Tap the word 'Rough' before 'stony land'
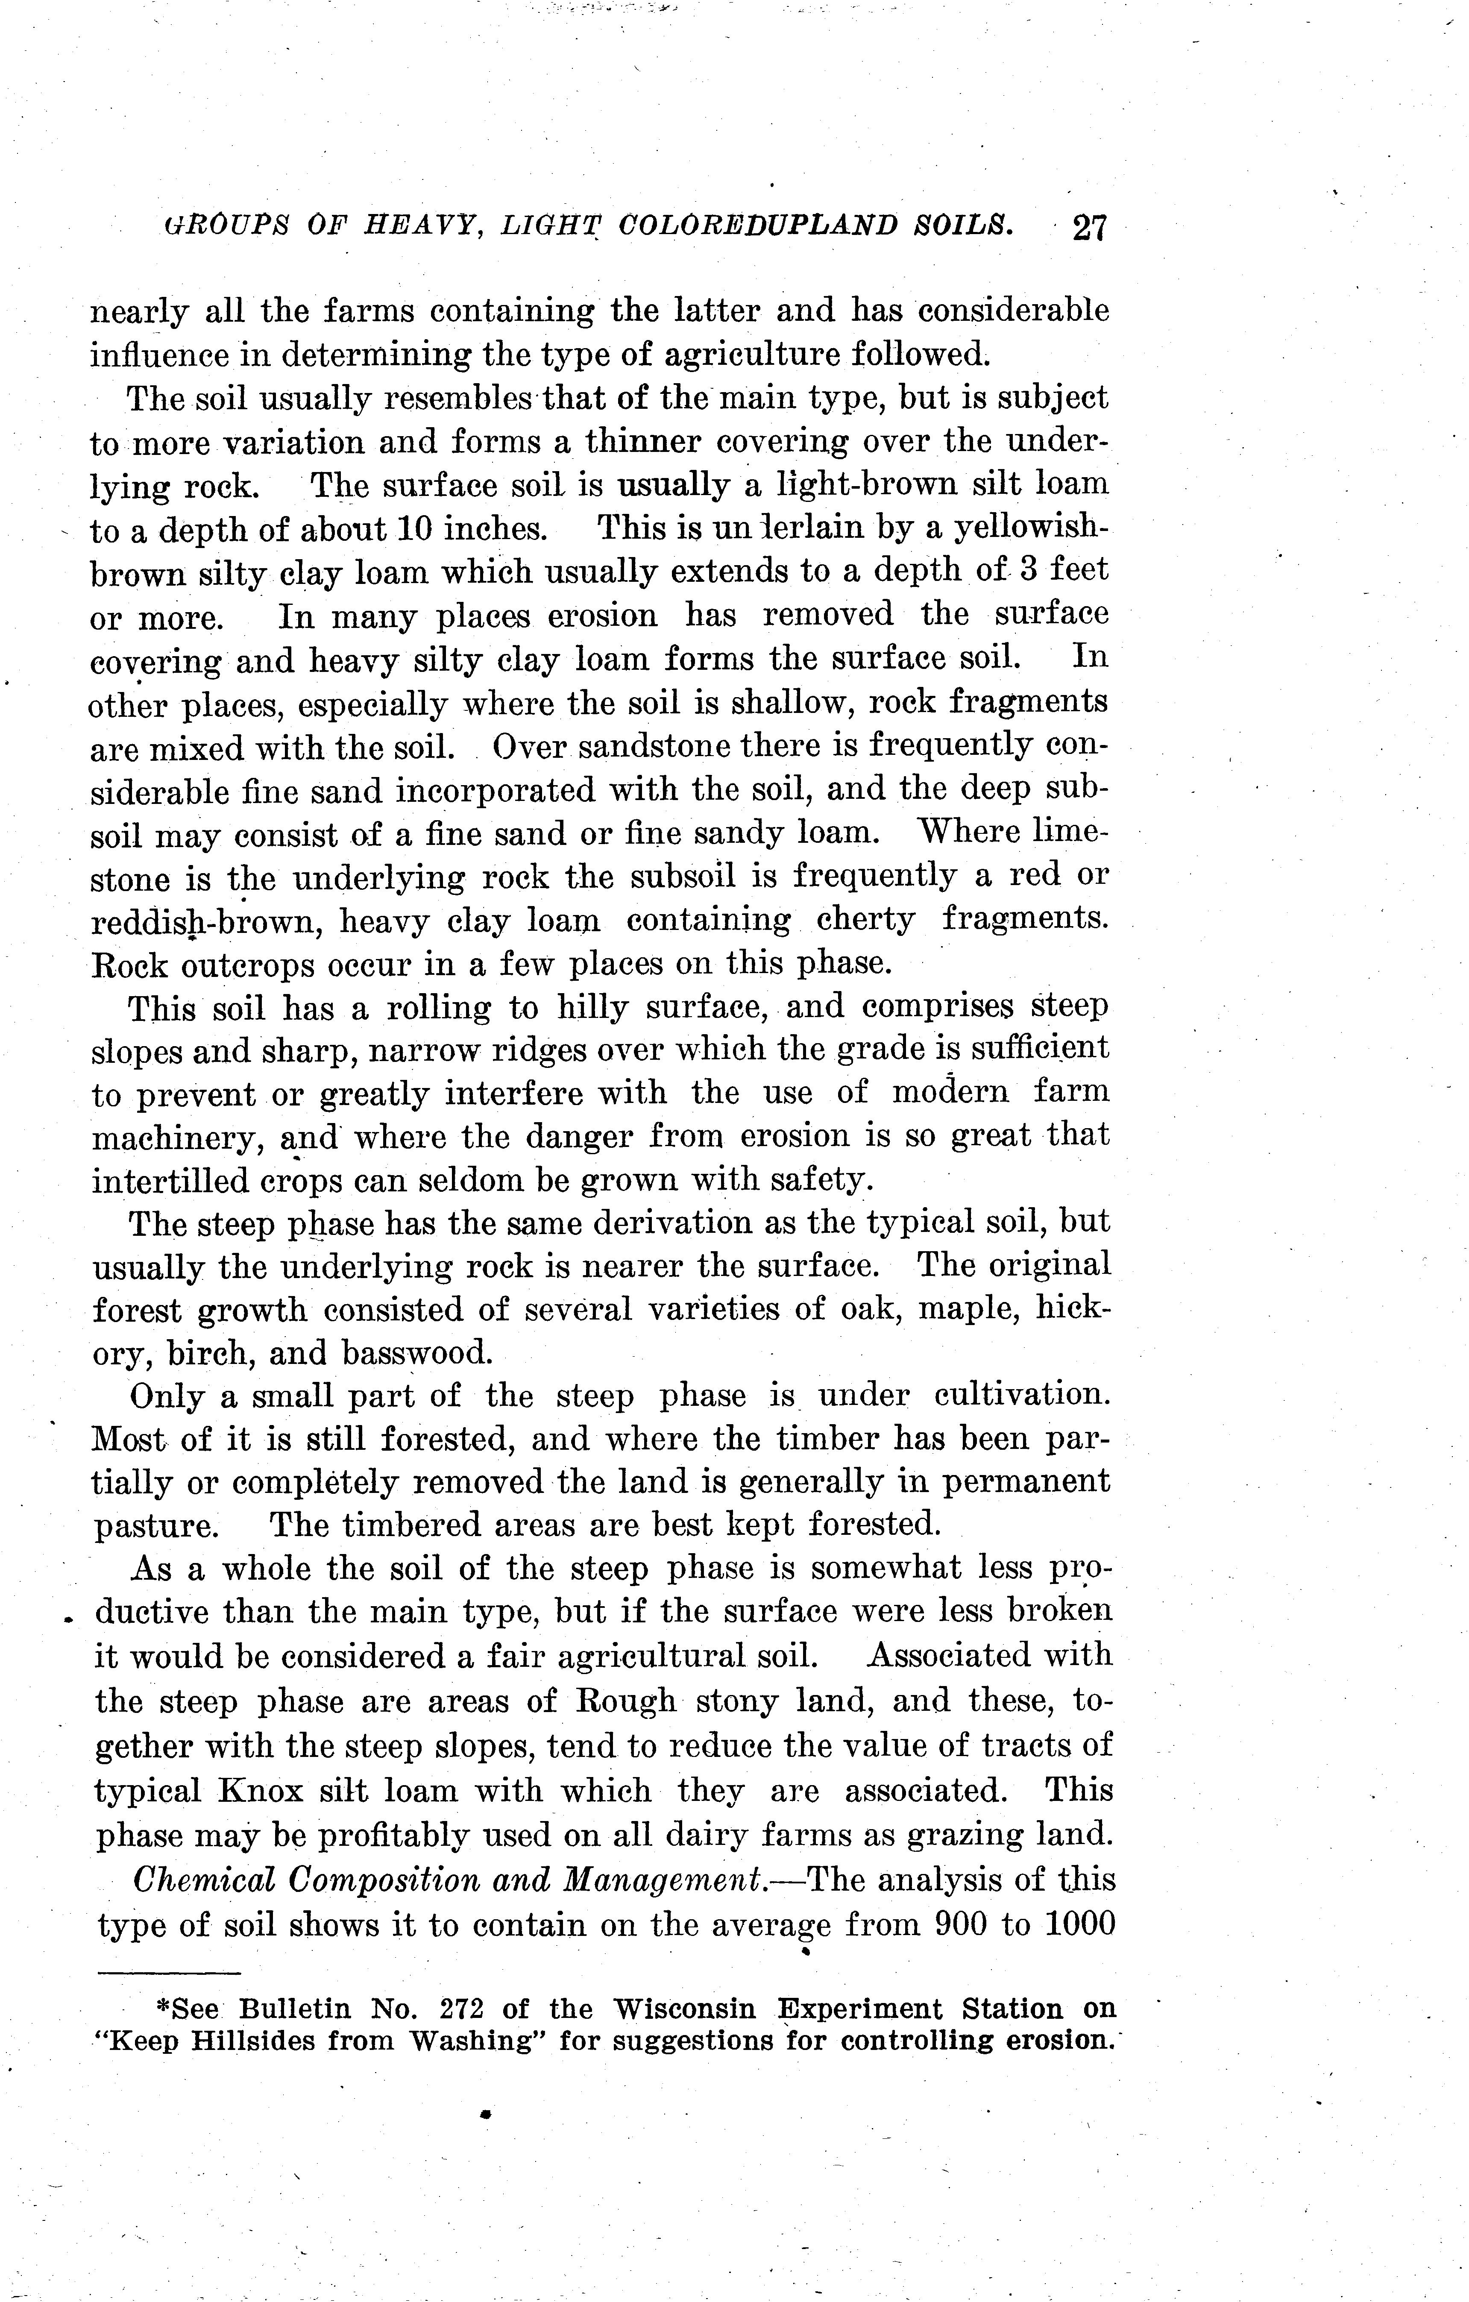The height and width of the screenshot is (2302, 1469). pyautogui.click(x=627, y=1702)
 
